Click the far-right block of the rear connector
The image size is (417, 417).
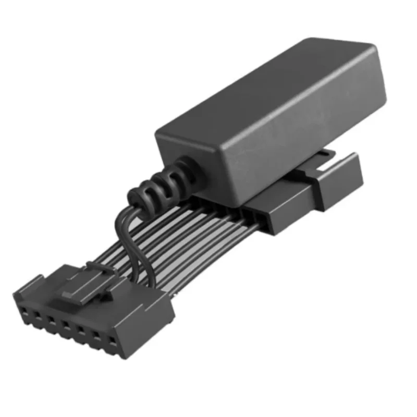339,180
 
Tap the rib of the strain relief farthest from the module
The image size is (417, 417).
137,197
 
